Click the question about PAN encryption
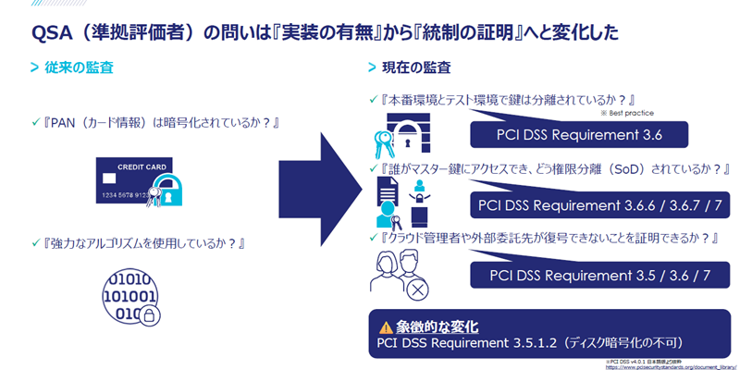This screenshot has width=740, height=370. (154, 122)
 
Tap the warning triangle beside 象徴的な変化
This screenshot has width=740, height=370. (387, 327)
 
